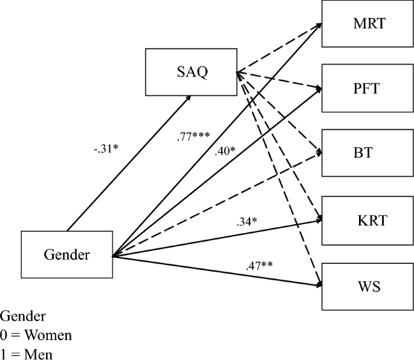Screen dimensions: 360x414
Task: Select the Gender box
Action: (66, 254)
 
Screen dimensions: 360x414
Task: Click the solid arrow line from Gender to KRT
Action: (218, 236)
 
